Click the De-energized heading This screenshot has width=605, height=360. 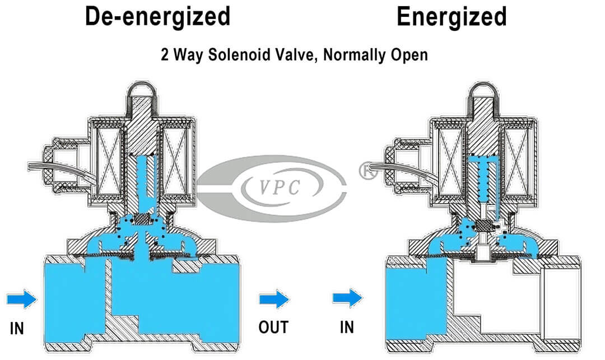tap(157, 17)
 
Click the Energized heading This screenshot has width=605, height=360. tap(452, 17)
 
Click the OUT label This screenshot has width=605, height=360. tap(273, 327)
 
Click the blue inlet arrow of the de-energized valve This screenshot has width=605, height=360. tap(22, 300)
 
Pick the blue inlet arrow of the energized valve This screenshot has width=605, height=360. tap(347, 298)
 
